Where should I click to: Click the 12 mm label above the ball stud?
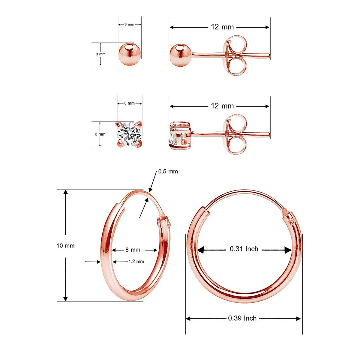pyautogui.click(x=222, y=27)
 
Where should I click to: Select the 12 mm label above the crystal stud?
pyautogui.click(x=222, y=106)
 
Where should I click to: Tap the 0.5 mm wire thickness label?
pyautogui.click(x=168, y=172)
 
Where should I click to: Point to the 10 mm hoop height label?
pyautogui.click(x=65, y=246)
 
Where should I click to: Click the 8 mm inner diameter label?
pyautogui.click(x=133, y=250)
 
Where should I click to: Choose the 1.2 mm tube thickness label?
pyautogui.click(x=136, y=262)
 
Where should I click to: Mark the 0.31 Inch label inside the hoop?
pyautogui.click(x=244, y=249)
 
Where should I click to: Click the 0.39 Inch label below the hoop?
pyautogui.click(x=242, y=318)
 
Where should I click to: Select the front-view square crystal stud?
pyautogui.click(x=129, y=134)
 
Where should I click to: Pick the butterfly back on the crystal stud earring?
pyautogui.click(x=236, y=134)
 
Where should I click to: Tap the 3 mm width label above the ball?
pyautogui.click(x=129, y=24)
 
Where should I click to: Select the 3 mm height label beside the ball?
pyautogui.click(x=100, y=54)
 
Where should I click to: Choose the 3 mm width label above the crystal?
pyautogui.click(x=129, y=103)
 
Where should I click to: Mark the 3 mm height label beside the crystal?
pyautogui.click(x=100, y=134)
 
